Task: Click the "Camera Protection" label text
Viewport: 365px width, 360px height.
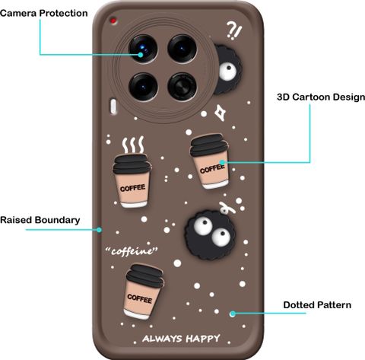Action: click(44, 13)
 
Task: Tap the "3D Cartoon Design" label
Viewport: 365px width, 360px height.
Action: click(321, 97)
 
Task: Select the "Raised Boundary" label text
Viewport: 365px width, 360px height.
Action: click(40, 220)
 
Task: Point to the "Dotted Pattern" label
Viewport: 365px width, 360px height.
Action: click(317, 304)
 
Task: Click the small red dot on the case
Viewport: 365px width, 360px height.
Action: click(113, 21)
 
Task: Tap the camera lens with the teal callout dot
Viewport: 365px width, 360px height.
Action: click(143, 49)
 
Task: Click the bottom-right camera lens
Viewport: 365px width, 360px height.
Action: click(182, 87)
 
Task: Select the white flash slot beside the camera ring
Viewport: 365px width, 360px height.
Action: click(113, 107)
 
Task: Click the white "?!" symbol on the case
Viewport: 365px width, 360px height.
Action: click(234, 30)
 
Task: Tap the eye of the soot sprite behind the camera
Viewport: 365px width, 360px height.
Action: click(227, 70)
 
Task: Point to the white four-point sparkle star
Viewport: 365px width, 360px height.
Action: click(221, 113)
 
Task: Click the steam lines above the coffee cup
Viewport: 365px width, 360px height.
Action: click(133, 145)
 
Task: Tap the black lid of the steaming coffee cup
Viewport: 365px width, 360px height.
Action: click(132, 164)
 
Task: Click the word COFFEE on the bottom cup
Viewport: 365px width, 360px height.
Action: click(139, 298)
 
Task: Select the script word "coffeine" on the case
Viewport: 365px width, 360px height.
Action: click(132, 251)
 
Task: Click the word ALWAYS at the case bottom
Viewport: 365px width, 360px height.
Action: click(162, 339)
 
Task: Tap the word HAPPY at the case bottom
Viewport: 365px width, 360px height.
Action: click(203, 338)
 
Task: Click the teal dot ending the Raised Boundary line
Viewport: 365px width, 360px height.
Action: click(99, 230)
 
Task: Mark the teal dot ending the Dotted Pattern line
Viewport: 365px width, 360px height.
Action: click(233, 314)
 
